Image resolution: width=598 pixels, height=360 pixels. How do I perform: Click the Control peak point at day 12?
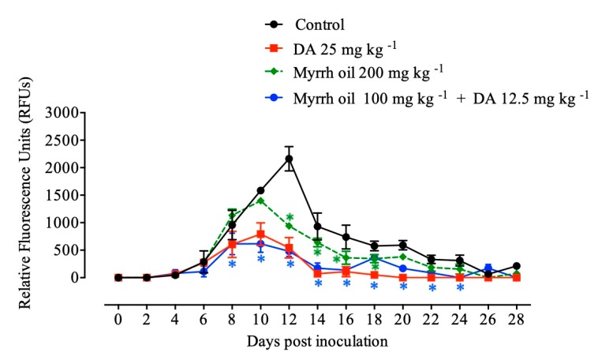click(289, 159)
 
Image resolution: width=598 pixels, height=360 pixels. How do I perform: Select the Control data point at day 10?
click(260, 190)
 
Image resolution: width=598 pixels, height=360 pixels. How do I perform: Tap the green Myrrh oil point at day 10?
click(260, 201)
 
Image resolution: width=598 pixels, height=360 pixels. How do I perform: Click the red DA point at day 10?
click(260, 234)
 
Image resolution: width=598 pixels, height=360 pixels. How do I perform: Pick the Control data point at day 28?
click(517, 266)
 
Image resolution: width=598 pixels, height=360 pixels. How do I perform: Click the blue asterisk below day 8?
click(232, 264)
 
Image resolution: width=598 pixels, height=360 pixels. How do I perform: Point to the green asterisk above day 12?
click(290, 217)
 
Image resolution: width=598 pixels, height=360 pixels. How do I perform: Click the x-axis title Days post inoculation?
click(316, 342)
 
